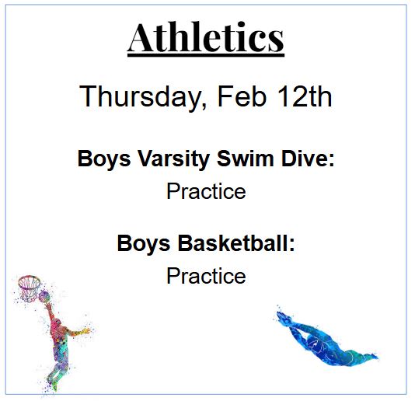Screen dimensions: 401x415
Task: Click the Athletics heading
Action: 206,36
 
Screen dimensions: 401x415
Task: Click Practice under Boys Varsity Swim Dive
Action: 206,191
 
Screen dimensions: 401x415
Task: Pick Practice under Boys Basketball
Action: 206,276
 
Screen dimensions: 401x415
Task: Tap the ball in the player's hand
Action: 44,298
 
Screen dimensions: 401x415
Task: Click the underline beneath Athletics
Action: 206,54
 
